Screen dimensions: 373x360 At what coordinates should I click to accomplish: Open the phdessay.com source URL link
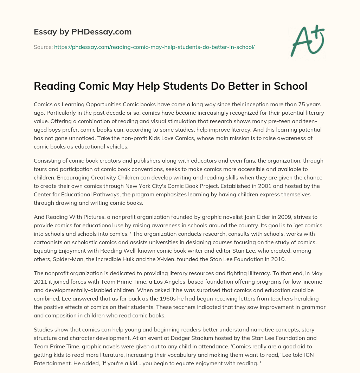tap(154, 47)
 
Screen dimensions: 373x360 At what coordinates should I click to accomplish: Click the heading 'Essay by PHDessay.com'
tap(83, 32)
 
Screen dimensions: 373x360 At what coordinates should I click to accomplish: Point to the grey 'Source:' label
tap(43, 47)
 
